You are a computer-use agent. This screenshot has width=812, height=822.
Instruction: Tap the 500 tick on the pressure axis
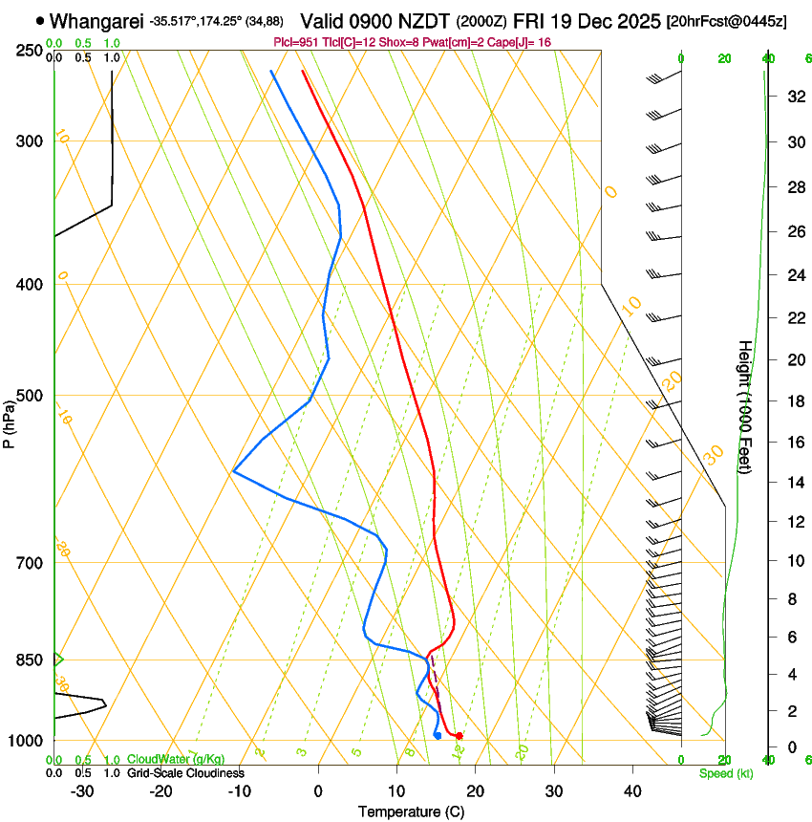pos(31,396)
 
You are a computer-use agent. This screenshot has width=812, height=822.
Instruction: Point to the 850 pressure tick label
pos(31,660)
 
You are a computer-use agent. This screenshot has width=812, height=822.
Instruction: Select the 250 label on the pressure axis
pos(31,50)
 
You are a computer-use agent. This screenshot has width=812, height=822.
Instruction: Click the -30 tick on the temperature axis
pos(83,790)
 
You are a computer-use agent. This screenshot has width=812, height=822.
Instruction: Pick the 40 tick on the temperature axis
pos(631,790)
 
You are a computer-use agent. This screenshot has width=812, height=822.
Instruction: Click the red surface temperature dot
pos(459,735)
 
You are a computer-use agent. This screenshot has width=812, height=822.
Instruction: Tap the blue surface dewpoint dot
pos(438,735)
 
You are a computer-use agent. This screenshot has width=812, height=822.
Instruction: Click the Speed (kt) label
pos(726,773)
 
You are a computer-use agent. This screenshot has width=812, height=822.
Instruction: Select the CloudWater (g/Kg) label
pos(176,760)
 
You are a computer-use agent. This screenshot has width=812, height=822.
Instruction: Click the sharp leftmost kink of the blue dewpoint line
pos(234,471)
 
